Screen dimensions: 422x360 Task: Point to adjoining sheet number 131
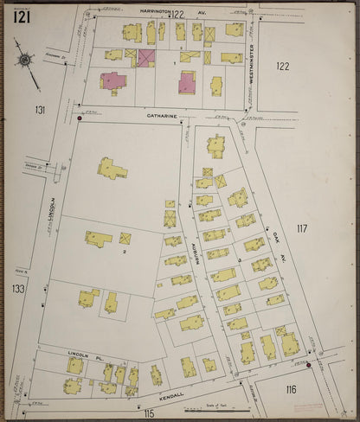pos(40,110)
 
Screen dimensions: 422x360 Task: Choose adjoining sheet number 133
pos(18,289)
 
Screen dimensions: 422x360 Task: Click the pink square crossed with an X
pos(146,58)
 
